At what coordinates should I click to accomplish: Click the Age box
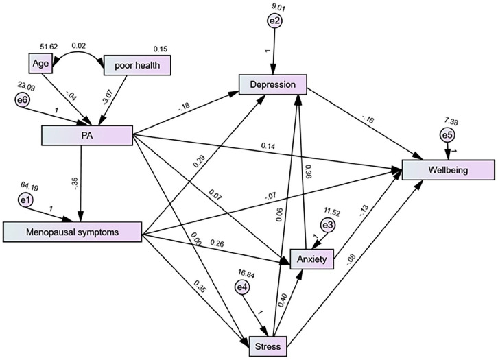pyautogui.click(x=40, y=64)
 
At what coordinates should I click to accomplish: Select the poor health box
pyautogui.click(x=137, y=65)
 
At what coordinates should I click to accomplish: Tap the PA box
pyautogui.click(x=87, y=136)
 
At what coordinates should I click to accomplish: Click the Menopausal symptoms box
pyautogui.click(x=73, y=232)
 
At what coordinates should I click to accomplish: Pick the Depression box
pyautogui.click(x=273, y=84)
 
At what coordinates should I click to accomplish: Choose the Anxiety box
pyautogui.click(x=312, y=259)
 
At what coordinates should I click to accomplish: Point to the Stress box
pyautogui.click(x=268, y=346)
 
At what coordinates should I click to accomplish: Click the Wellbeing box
pyautogui.click(x=448, y=170)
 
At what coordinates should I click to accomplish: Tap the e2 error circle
pyautogui.click(x=275, y=21)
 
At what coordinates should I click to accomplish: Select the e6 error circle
pyautogui.click(x=22, y=100)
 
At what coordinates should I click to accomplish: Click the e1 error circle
pyautogui.click(x=25, y=200)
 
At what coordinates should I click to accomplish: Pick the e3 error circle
pyautogui.click(x=328, y=225)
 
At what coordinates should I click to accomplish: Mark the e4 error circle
pyautogui.click(x=242, y=287)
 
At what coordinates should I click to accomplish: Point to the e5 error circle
pyautogui.click(x=447, y=135)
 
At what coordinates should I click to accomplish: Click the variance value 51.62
pyautogui.click(x=49, y=47)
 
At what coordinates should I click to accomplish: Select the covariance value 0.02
pyautogui.click(x=78, y=46)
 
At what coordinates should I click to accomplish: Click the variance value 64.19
pyautogui.click(x=29, y=186)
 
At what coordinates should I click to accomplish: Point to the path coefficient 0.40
pyautogui.click(x=283, y=300)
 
